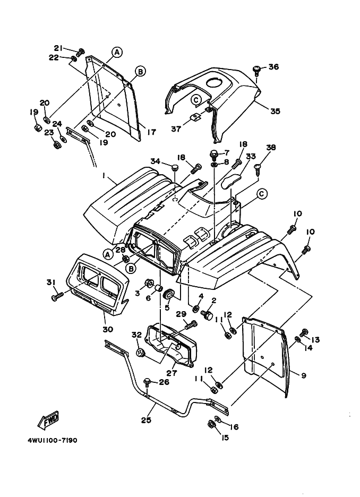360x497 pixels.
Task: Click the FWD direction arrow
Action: point(48,419)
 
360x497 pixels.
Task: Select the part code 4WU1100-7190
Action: point(56,440)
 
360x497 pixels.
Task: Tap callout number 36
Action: point(273,67)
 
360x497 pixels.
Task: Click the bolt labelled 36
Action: point(256,68)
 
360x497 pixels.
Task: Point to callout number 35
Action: point(275,112)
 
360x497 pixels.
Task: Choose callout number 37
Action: point(176,128)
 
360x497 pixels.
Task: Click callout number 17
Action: point(151,132)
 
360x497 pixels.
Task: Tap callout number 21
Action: point(58,48)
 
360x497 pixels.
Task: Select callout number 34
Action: point(155,161)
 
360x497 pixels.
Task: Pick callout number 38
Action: point(271,148)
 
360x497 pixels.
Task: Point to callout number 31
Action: point(51,282)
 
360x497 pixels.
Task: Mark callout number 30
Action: point(108,329)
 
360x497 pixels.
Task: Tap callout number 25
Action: point(146,420)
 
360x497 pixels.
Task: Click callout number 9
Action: point(303,375)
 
